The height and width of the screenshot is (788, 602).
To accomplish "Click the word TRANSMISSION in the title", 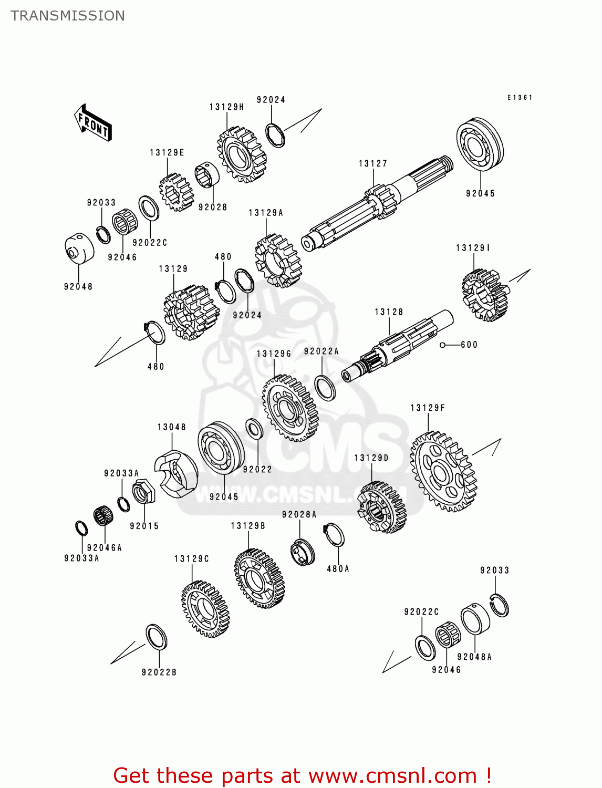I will pyautogui.click(x=68, y=16).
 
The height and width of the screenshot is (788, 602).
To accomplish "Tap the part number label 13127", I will pyautogui.click(x=373, y=164).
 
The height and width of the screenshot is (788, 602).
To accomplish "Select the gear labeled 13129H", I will pyautogui.click(x=242, y=154).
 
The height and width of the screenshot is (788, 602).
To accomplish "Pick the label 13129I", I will pyautogui.click(x=473, y=248).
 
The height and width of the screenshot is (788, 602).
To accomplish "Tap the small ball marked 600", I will pyautogui.click(x=443, y=345).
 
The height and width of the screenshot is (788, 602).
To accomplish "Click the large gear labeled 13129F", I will pyautogui.click(x=443, y=472).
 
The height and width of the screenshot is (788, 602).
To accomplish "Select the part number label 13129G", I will pyautogui.click(x=274, y=354).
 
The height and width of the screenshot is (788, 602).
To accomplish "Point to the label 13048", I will pyautogui.click(x=172, y=427).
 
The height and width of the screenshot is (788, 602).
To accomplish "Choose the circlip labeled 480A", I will pyautogui.click(x=334, y=535).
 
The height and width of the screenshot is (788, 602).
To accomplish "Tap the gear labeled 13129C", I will pyautogui.click(x=205, y=609).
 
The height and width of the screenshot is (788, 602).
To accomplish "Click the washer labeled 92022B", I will pyautogui.click(x=156, y=637).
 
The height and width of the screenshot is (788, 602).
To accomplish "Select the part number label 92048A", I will pyautogui.click(x=474, y=657).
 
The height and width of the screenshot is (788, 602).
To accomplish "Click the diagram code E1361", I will pyautogui.click(x=520, y=98).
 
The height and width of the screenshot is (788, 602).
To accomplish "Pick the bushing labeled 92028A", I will pyautogui.click(x=303, y=552).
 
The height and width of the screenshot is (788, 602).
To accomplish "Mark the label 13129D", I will pyautogui.click(x=371, y=458).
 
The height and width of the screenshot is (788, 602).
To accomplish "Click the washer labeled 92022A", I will pyautogui.click(x=325, y=388).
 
